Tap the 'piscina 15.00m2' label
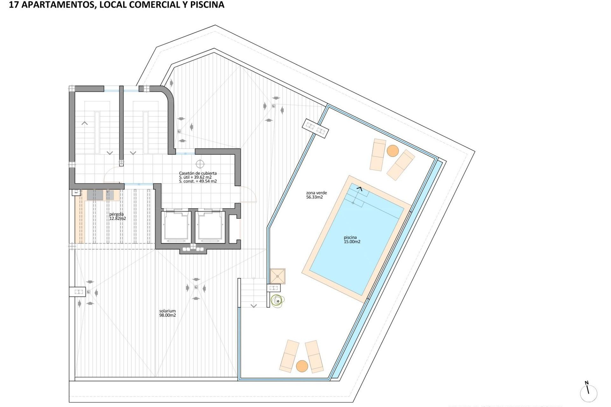pos(352,239)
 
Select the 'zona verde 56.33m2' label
pos(316,195)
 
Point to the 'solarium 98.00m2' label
pos(167,313)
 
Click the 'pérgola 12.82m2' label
pos(117,216)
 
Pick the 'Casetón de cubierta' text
pos(198,173)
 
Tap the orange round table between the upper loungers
pos(393,151)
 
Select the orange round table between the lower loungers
pos(302,366)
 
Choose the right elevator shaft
pos(210,226)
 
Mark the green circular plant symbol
pos(277,301)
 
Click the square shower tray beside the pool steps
pos(277,276)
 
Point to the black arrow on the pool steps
pos(359,189)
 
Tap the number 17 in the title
pos(13,5)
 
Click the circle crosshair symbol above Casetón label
pos(200,164)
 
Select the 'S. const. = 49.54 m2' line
pos(198,181)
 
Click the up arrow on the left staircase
pos(85,123)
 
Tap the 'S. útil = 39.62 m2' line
pos(195,177)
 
